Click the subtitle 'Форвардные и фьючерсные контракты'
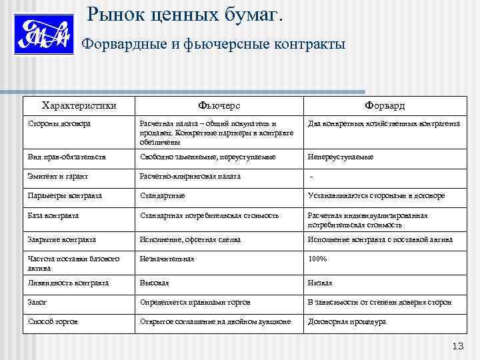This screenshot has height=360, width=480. pos(213,45)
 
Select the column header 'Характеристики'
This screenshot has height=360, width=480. pos(79,105)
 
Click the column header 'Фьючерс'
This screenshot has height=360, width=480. pos(219,106)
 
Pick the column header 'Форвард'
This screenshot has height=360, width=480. pos(384,106)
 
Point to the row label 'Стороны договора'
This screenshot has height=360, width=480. pos(60,123)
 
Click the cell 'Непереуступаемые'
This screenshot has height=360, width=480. pos(340,157)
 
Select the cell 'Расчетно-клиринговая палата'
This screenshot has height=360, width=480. pos(190,177)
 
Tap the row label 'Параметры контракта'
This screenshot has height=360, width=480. pos(65,196)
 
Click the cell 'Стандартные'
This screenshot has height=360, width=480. pos(162,196)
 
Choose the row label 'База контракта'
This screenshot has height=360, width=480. pos(53,215)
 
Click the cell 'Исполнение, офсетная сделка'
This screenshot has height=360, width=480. pos(190,239)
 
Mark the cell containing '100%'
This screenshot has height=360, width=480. pos(317,259)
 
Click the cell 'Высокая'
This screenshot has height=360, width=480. pos(154,283)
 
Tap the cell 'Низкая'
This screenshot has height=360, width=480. pos(319,283)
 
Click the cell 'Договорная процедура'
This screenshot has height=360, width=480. pos(346,321)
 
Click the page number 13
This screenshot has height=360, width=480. pos(457,345)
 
